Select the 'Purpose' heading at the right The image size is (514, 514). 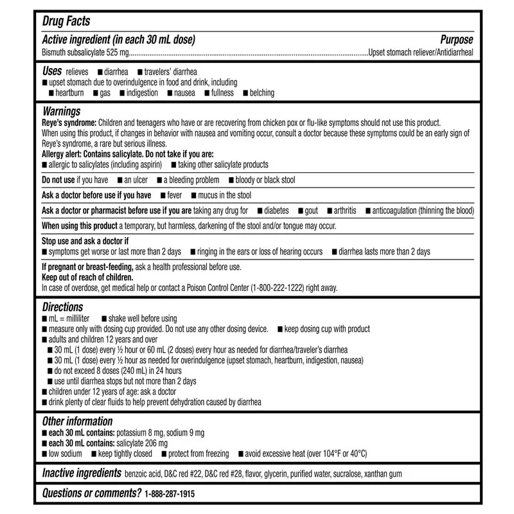click(x=457, y=40)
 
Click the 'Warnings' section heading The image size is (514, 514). click(x=61, y=112)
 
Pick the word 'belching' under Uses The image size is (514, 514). click(x=263, y=93)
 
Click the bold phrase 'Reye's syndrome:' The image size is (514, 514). click(x=69, y=123)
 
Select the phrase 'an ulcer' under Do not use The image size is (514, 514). click(x=136, y=180)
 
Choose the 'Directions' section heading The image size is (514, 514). click(x=62, y=308)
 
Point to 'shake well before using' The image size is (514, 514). click(x=143, y=319)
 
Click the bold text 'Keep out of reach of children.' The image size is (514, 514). click(x=87, y=278)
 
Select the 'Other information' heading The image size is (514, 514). click(x=77, y=421)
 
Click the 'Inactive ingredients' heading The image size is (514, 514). click(x=82, y=474)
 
